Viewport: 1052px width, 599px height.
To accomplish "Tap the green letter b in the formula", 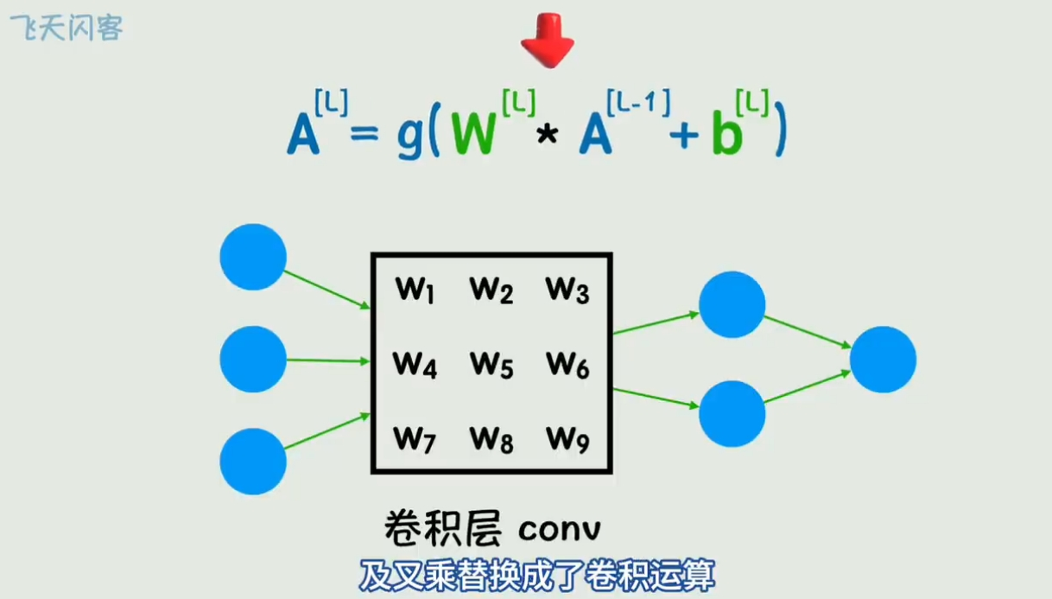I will click(x=726, y=137).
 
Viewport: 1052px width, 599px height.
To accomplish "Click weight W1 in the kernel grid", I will click(x=415, y=290).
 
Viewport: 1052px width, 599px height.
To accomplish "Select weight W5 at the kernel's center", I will click(x=491, y=366).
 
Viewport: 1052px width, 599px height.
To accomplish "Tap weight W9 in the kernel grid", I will click(x=567, y=440).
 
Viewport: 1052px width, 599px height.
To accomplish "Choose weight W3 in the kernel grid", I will click(x=567, y=290).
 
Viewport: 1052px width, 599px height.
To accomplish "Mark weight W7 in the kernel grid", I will click(x=415, y=440).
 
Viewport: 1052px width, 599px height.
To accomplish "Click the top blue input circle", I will click(x=253, y=257).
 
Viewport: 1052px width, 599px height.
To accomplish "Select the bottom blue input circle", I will click(x=253, y=462).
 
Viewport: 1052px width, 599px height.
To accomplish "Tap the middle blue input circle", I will click(x=253, y=360).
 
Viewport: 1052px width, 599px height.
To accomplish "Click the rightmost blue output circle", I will click(x=883, y=360).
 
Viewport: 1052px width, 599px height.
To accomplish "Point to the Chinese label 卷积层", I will click(x=442, y=528).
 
